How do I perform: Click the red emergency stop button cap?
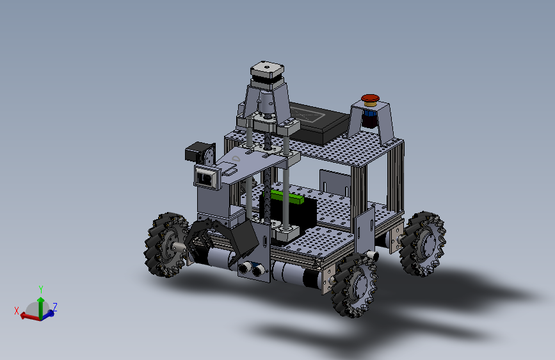tap(370, 98)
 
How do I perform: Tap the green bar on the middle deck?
tap(287, 197)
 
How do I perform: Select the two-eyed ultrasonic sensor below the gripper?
tap(252, 268)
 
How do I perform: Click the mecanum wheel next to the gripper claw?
tap(166, 244)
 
